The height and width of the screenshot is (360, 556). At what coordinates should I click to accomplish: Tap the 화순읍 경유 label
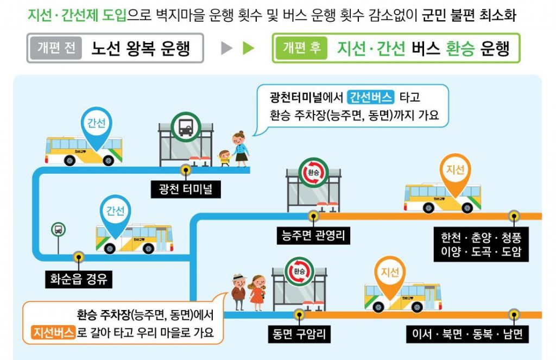79,280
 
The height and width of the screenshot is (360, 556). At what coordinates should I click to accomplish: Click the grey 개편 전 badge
56,48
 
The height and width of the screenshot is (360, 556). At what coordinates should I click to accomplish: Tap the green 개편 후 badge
301,48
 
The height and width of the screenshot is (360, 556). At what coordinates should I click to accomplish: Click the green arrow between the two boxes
248,48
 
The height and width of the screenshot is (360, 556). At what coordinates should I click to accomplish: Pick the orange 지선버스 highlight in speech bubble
53,332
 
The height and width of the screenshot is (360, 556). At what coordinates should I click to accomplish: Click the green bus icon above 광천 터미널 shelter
185,127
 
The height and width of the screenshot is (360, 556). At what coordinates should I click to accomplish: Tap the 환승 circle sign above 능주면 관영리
313,173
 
